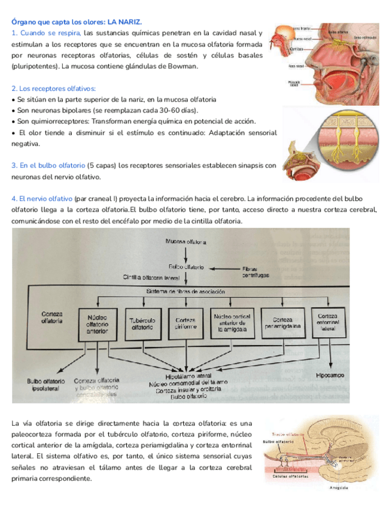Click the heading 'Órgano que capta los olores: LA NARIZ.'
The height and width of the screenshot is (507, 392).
[77, 22]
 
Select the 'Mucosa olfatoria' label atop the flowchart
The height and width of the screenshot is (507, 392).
[186, 242]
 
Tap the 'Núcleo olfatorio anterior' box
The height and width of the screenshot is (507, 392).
[97, 324]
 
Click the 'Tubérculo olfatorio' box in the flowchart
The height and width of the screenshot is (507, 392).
[144, 324]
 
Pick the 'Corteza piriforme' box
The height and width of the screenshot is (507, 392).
[186, 324]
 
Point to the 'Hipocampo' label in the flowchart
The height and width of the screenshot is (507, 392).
[330, 375]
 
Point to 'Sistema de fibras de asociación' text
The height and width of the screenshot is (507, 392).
[186, 291]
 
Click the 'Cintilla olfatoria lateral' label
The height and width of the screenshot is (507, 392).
[151, 277]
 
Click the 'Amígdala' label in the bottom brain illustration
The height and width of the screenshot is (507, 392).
[339, 488]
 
